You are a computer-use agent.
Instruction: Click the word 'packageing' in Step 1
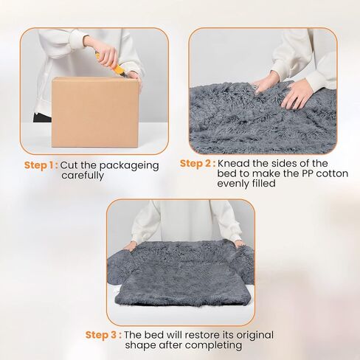(x=129, y=166)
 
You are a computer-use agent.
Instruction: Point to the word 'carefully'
(x=83, y=176)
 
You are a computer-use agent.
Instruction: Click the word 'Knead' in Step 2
(x=233, y=163)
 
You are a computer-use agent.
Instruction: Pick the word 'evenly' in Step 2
(x=234, y=184)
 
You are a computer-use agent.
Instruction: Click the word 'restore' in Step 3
(x=201, y=335)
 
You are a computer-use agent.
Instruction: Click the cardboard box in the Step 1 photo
(x=95, y=112)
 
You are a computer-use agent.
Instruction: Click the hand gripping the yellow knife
(x=105, y=54)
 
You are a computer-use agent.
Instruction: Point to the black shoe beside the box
(x=42, y=118)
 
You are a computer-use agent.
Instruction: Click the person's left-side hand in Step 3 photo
(x=130, y=246)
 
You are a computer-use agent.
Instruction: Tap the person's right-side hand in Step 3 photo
(x=240, y=243)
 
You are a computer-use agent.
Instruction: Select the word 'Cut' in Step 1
(x=69, y=165)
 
